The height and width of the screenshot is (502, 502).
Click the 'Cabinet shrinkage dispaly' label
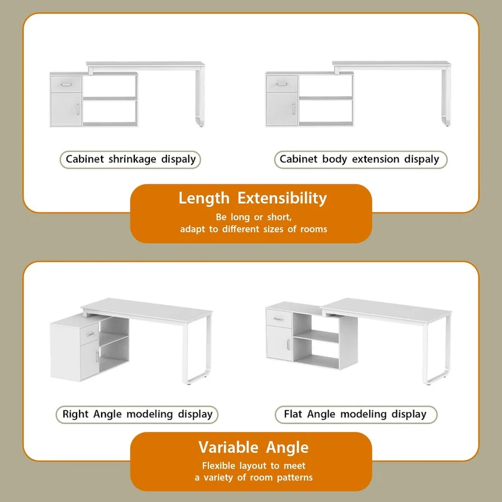pos(131,159)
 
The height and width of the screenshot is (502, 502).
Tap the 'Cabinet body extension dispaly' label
pos(360,159)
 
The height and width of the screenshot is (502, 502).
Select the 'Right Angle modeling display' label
pos(137,414)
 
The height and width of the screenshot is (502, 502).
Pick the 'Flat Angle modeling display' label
pos(355,414)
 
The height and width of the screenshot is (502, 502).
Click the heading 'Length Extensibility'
pos(252,198)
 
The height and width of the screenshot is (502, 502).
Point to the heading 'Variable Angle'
pos(254,447)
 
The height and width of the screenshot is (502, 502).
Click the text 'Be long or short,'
pos(254,217)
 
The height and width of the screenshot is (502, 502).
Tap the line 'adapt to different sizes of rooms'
pos(254,229)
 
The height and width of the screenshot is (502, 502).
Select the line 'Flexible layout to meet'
pos(254,466)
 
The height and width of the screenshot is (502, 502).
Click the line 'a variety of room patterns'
pos(254,478)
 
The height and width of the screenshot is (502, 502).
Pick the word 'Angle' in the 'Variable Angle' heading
pos(286,447)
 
